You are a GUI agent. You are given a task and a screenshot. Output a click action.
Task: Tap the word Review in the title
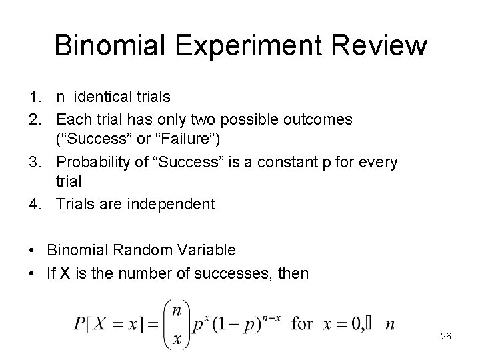click(x=383, y=45)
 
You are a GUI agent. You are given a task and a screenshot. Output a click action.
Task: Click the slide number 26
click(x=446, y=336)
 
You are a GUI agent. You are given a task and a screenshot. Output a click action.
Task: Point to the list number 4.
click(x=36, y=204)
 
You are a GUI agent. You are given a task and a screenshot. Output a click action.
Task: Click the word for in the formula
click(x=303, y=324)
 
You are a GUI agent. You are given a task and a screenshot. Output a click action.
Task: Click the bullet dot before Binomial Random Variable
click(x=33, y=251)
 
